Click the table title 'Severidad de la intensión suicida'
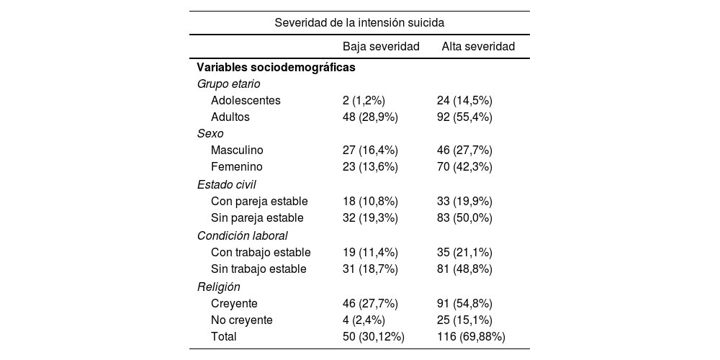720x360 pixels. coord(359,23)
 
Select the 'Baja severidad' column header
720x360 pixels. coord(381,47)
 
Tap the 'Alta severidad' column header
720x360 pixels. coord(478,47)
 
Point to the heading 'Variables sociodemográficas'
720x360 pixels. coord(276,67)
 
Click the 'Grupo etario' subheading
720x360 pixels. coord(229,84)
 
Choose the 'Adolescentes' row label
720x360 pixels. coord(246,101)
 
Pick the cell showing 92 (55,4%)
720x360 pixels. coord(464,117)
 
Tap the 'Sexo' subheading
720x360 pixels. coord(210,134)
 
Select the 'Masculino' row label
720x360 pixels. coord(237,150)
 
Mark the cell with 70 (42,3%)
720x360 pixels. coord(464,167)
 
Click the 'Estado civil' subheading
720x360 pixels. coord(226,184)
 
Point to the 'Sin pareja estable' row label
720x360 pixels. coord(257,217)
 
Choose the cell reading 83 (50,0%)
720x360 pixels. coord(464,217)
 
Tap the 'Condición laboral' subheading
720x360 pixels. coord(243,235)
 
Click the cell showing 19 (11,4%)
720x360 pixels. coord(370,253)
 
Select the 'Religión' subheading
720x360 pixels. coord(219,287)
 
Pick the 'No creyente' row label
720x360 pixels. coord(242,320)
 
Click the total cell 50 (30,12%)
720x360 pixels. coord(373,336)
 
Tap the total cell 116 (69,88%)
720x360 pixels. coord(471,336)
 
